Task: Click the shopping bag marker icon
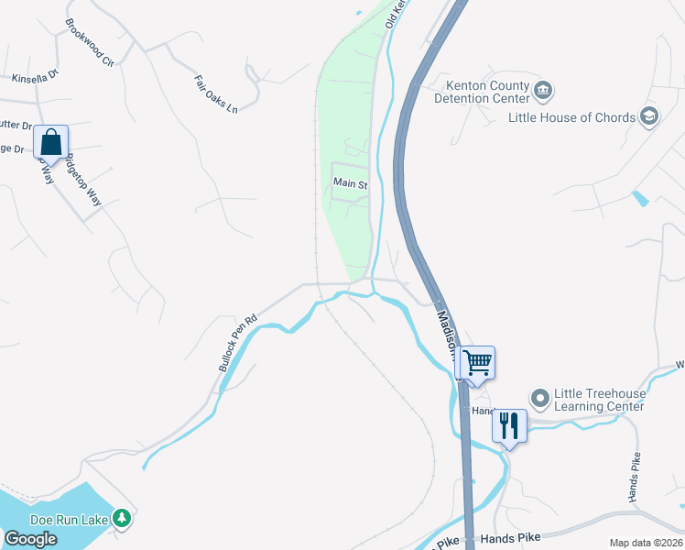coord(51,142)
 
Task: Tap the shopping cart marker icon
coord(477,362)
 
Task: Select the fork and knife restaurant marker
coord(509,425)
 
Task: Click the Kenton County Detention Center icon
coord(543,90)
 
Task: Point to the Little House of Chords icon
coord(649,116)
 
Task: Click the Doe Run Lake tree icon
coord(122,519)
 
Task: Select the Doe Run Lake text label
coord(70,519)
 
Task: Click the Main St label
coord(350,183)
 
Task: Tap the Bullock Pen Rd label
coord(238,344)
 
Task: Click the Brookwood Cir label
coord(89,43)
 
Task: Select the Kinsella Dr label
coord(35,79)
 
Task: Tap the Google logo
coord(30,539)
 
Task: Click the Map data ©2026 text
coord(646,543)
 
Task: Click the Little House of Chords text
coord(572,117)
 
